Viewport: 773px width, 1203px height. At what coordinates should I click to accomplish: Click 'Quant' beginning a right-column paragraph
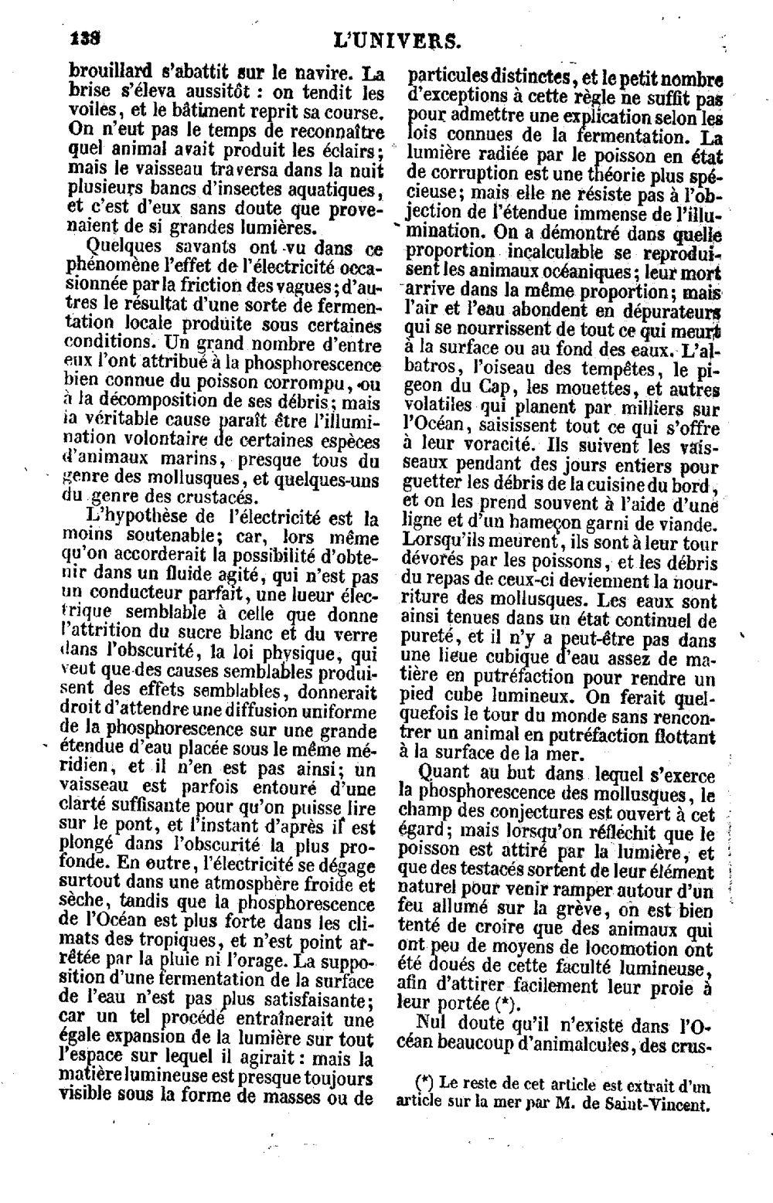pyautogui.click(x=441, y=773)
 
